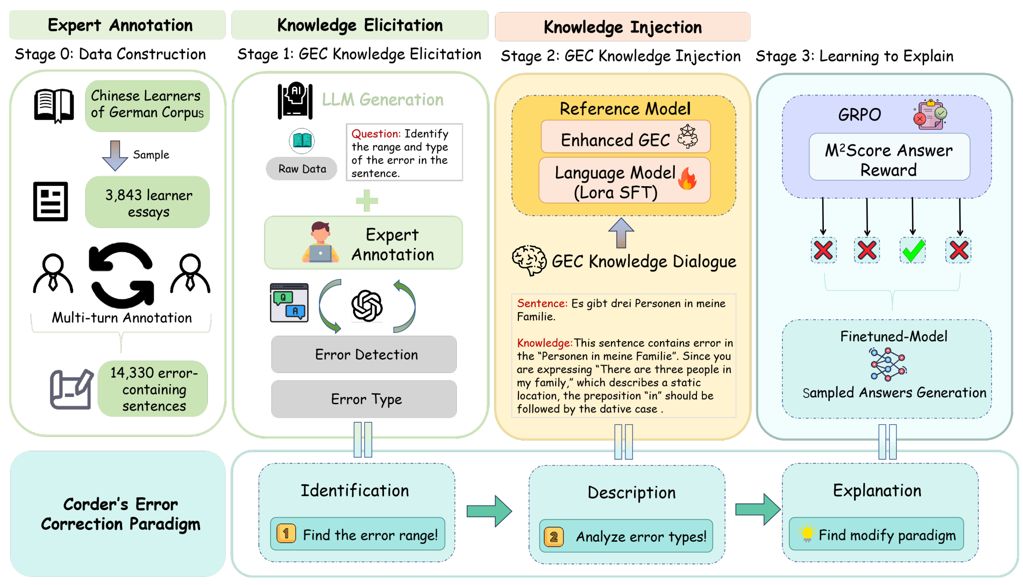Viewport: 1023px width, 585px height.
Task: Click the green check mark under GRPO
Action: [913, 251]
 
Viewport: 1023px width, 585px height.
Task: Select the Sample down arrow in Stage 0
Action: [115, 155]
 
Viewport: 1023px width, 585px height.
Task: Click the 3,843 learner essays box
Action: [148, 202]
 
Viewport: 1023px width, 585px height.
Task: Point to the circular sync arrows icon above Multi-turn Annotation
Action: [122, 275]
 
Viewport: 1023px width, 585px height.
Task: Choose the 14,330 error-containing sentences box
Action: [153, 389]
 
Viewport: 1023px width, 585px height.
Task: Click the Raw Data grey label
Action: [302, 169]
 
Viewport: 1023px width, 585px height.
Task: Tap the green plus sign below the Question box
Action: [367, 201]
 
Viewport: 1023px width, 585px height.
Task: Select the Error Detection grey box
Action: [364, 354]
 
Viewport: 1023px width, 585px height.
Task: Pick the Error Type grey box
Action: [364, 399]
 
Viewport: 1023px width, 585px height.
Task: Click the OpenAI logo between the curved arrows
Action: [367, 306]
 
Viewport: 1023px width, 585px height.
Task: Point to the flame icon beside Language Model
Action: [688, 178]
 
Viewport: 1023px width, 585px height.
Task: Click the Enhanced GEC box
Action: [626, 137]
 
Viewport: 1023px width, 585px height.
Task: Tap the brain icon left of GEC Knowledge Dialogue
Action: [529, 260]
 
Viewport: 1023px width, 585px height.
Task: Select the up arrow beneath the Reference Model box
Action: [621, 233]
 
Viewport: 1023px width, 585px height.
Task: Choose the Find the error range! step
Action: [357, 534]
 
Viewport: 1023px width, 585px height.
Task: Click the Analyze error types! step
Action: [626, 536]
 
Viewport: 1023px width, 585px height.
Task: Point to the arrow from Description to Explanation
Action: [758, 510]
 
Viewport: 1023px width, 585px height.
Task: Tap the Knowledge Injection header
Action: [622, 27]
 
